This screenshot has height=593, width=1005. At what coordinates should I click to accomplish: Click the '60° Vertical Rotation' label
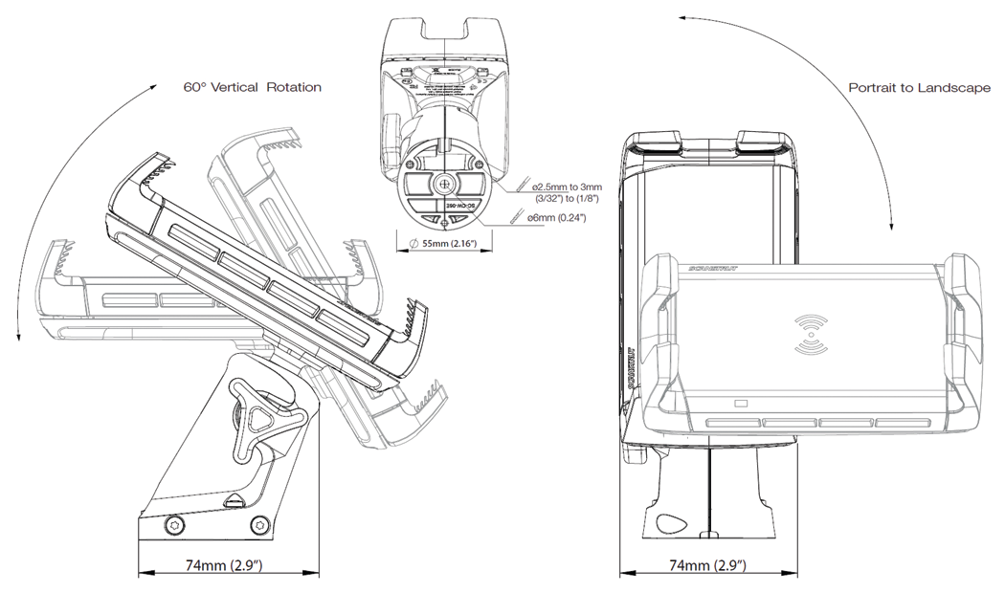252,87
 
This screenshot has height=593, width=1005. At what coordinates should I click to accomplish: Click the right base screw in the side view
257,524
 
